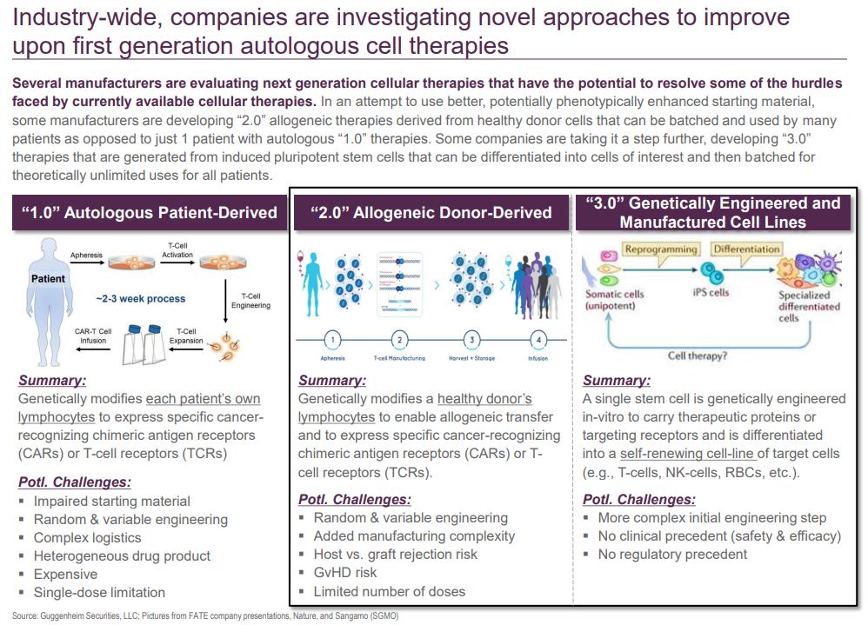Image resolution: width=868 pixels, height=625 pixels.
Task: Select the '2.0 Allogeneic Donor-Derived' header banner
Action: point(431,212)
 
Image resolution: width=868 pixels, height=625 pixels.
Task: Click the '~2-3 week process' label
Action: point(140,298)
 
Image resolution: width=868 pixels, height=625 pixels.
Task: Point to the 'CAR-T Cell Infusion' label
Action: point(93,336)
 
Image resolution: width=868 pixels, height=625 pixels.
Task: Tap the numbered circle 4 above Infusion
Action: point(539,340)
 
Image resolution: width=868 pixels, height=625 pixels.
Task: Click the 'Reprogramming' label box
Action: point(661,249)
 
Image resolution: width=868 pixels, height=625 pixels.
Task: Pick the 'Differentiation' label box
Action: point(745,249)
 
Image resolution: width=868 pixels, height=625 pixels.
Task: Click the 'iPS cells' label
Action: point(710,293)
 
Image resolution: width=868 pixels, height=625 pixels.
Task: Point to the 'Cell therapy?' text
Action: point(698,356)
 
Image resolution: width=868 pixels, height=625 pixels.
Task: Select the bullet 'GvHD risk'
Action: point(344,573)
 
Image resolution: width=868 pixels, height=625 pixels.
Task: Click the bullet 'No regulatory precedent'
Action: point(672,554)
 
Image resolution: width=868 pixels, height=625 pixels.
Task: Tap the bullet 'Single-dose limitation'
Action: point(99,592)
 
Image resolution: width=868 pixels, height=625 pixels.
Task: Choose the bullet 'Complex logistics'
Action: point(87,537)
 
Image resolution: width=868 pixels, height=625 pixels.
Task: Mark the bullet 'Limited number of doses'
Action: point(389,591)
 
